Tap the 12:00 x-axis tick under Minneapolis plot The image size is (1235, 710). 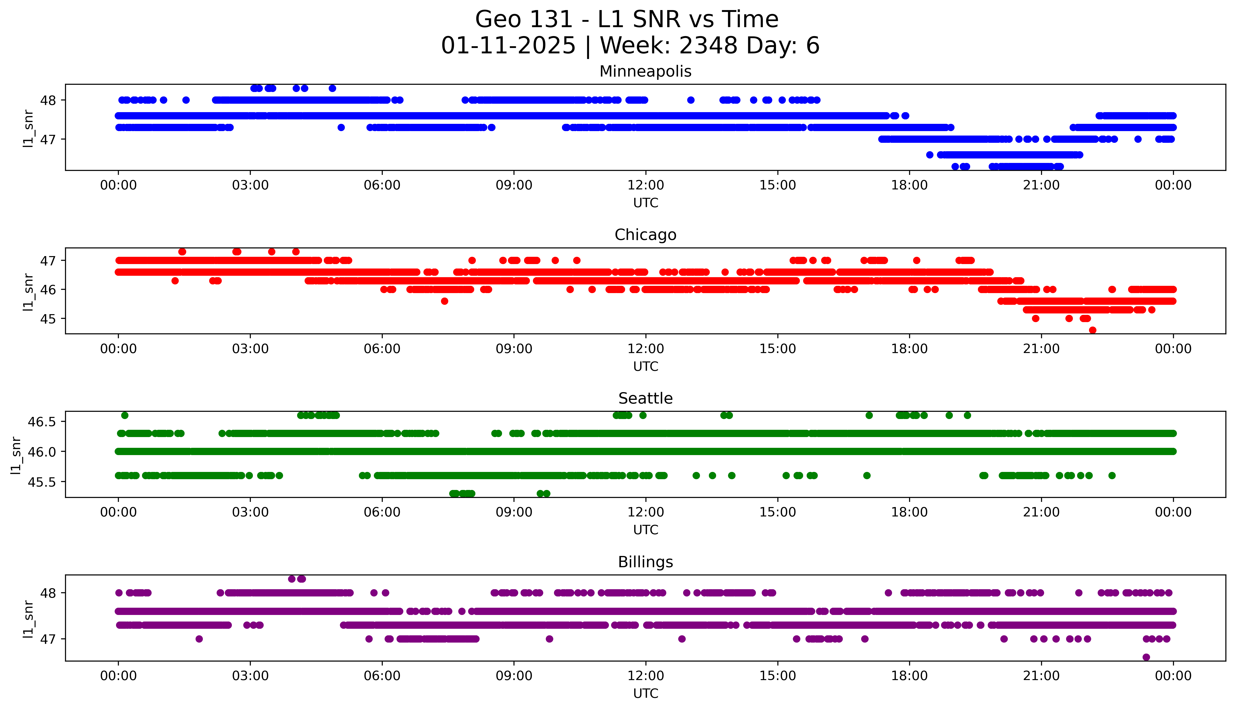[x=645, y=185]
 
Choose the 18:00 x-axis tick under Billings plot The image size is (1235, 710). [x=909, y=676]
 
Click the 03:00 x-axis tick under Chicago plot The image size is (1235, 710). [x=250, y=349]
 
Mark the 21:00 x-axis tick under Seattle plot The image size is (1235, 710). [x=1041, y=512]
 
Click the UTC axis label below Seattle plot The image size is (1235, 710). [x=645, y=530]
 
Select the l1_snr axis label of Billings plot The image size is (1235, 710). [x=28, y=619]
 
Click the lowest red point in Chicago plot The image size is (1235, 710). [x=1092, y=330]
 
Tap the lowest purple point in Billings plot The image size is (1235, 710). [x=1146, y=657]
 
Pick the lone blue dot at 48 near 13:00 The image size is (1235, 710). [x=690, y=100]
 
